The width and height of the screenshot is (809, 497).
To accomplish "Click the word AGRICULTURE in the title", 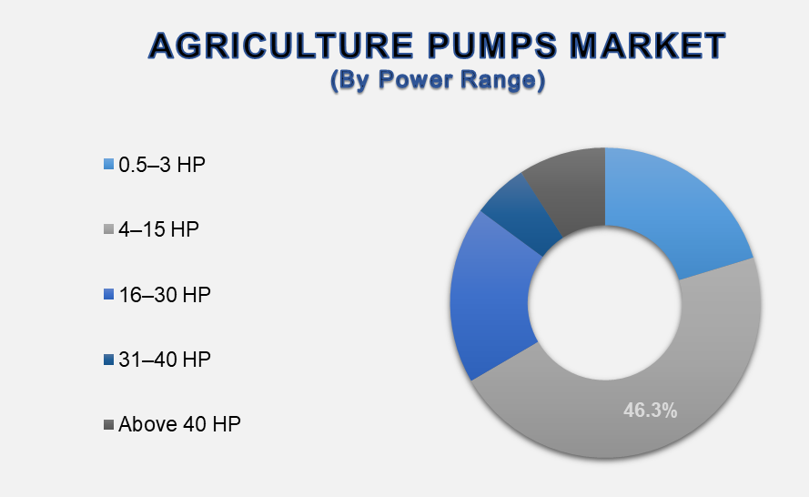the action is (281, 46).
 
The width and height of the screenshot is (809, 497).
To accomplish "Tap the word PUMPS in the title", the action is (492, 46).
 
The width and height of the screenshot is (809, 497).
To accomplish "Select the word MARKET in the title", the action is (648, 46).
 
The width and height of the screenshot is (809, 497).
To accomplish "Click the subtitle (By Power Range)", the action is (438, 80).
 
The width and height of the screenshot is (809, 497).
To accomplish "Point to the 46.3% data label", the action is (650, 411).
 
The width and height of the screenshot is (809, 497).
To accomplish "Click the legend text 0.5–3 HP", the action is (162, 165).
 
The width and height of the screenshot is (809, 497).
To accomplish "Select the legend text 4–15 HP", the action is (158, 229).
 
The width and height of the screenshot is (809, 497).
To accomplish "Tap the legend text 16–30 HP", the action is (165, 295).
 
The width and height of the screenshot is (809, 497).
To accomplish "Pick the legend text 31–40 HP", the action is (165, 360).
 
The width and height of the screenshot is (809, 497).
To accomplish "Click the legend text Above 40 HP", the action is (179, 424).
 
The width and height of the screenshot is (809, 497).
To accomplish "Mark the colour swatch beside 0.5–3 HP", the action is (108, 165).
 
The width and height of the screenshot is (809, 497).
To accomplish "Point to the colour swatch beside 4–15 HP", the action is (108, 229).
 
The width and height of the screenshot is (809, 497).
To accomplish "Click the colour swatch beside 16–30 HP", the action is (108, 295).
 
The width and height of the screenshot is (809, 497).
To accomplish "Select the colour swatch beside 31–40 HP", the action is (108, 360).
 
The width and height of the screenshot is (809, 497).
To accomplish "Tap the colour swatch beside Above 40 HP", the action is (108, 425).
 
